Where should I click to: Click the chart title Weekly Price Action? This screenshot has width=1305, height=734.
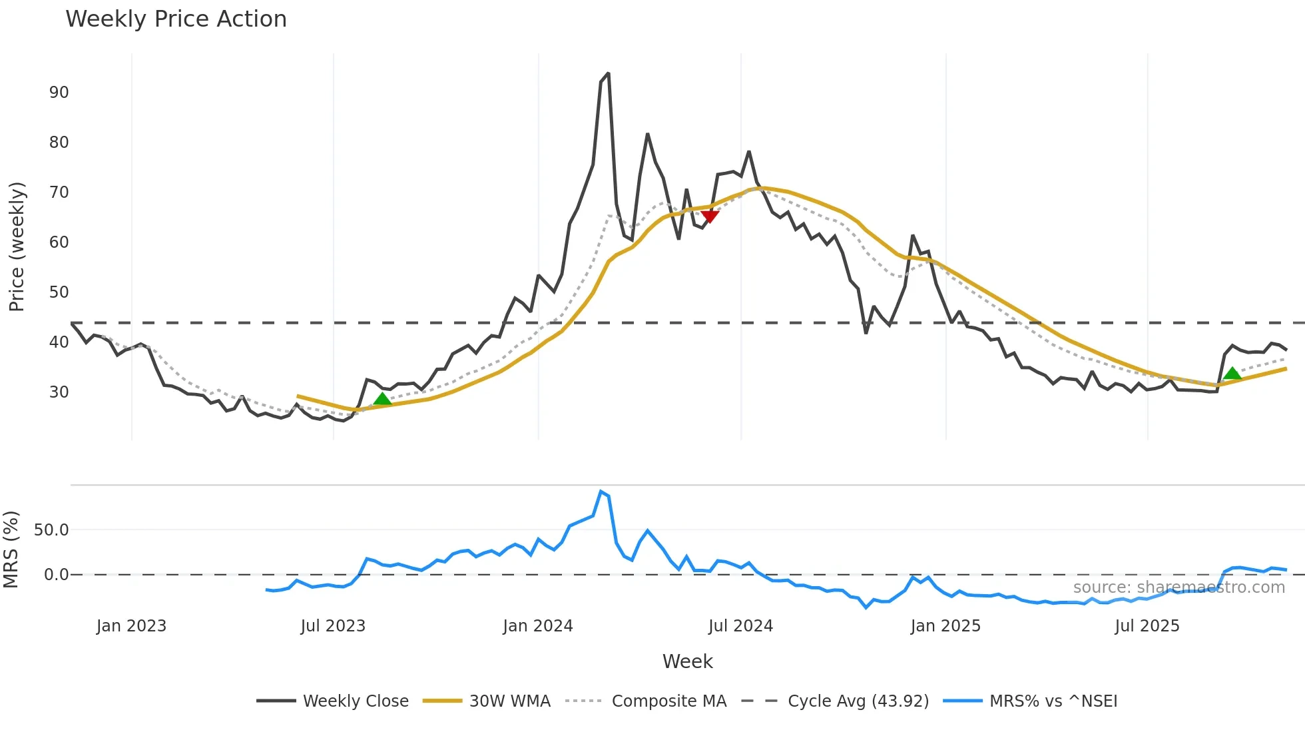click(176, 19)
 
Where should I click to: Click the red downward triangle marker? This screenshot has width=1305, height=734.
click(710, 216)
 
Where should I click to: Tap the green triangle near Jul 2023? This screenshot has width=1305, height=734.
click(382, 399)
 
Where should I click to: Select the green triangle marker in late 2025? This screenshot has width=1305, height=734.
click(1232, 374)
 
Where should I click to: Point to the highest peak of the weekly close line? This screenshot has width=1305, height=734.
click(608, 74)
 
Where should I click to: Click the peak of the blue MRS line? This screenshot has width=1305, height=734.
click(601, 492)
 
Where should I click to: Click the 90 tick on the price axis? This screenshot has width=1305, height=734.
click(59, 93)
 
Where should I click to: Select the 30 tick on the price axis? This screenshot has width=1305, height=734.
click(59, 392)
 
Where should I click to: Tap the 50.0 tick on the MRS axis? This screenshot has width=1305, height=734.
click(51, 530)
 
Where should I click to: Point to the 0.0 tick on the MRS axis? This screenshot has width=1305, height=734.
click(56, 575)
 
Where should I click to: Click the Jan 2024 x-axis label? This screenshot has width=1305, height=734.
click(537, 626)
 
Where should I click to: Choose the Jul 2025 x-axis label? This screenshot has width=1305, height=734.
click(1147, 626)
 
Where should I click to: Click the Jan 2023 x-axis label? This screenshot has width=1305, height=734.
click(131, 626)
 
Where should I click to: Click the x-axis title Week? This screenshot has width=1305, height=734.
click(687, 661)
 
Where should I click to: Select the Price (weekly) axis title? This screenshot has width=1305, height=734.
click(17, 246)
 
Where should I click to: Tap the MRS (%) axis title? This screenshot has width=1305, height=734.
click(11, 550)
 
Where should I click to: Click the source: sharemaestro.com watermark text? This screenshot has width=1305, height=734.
click(1178, 587)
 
